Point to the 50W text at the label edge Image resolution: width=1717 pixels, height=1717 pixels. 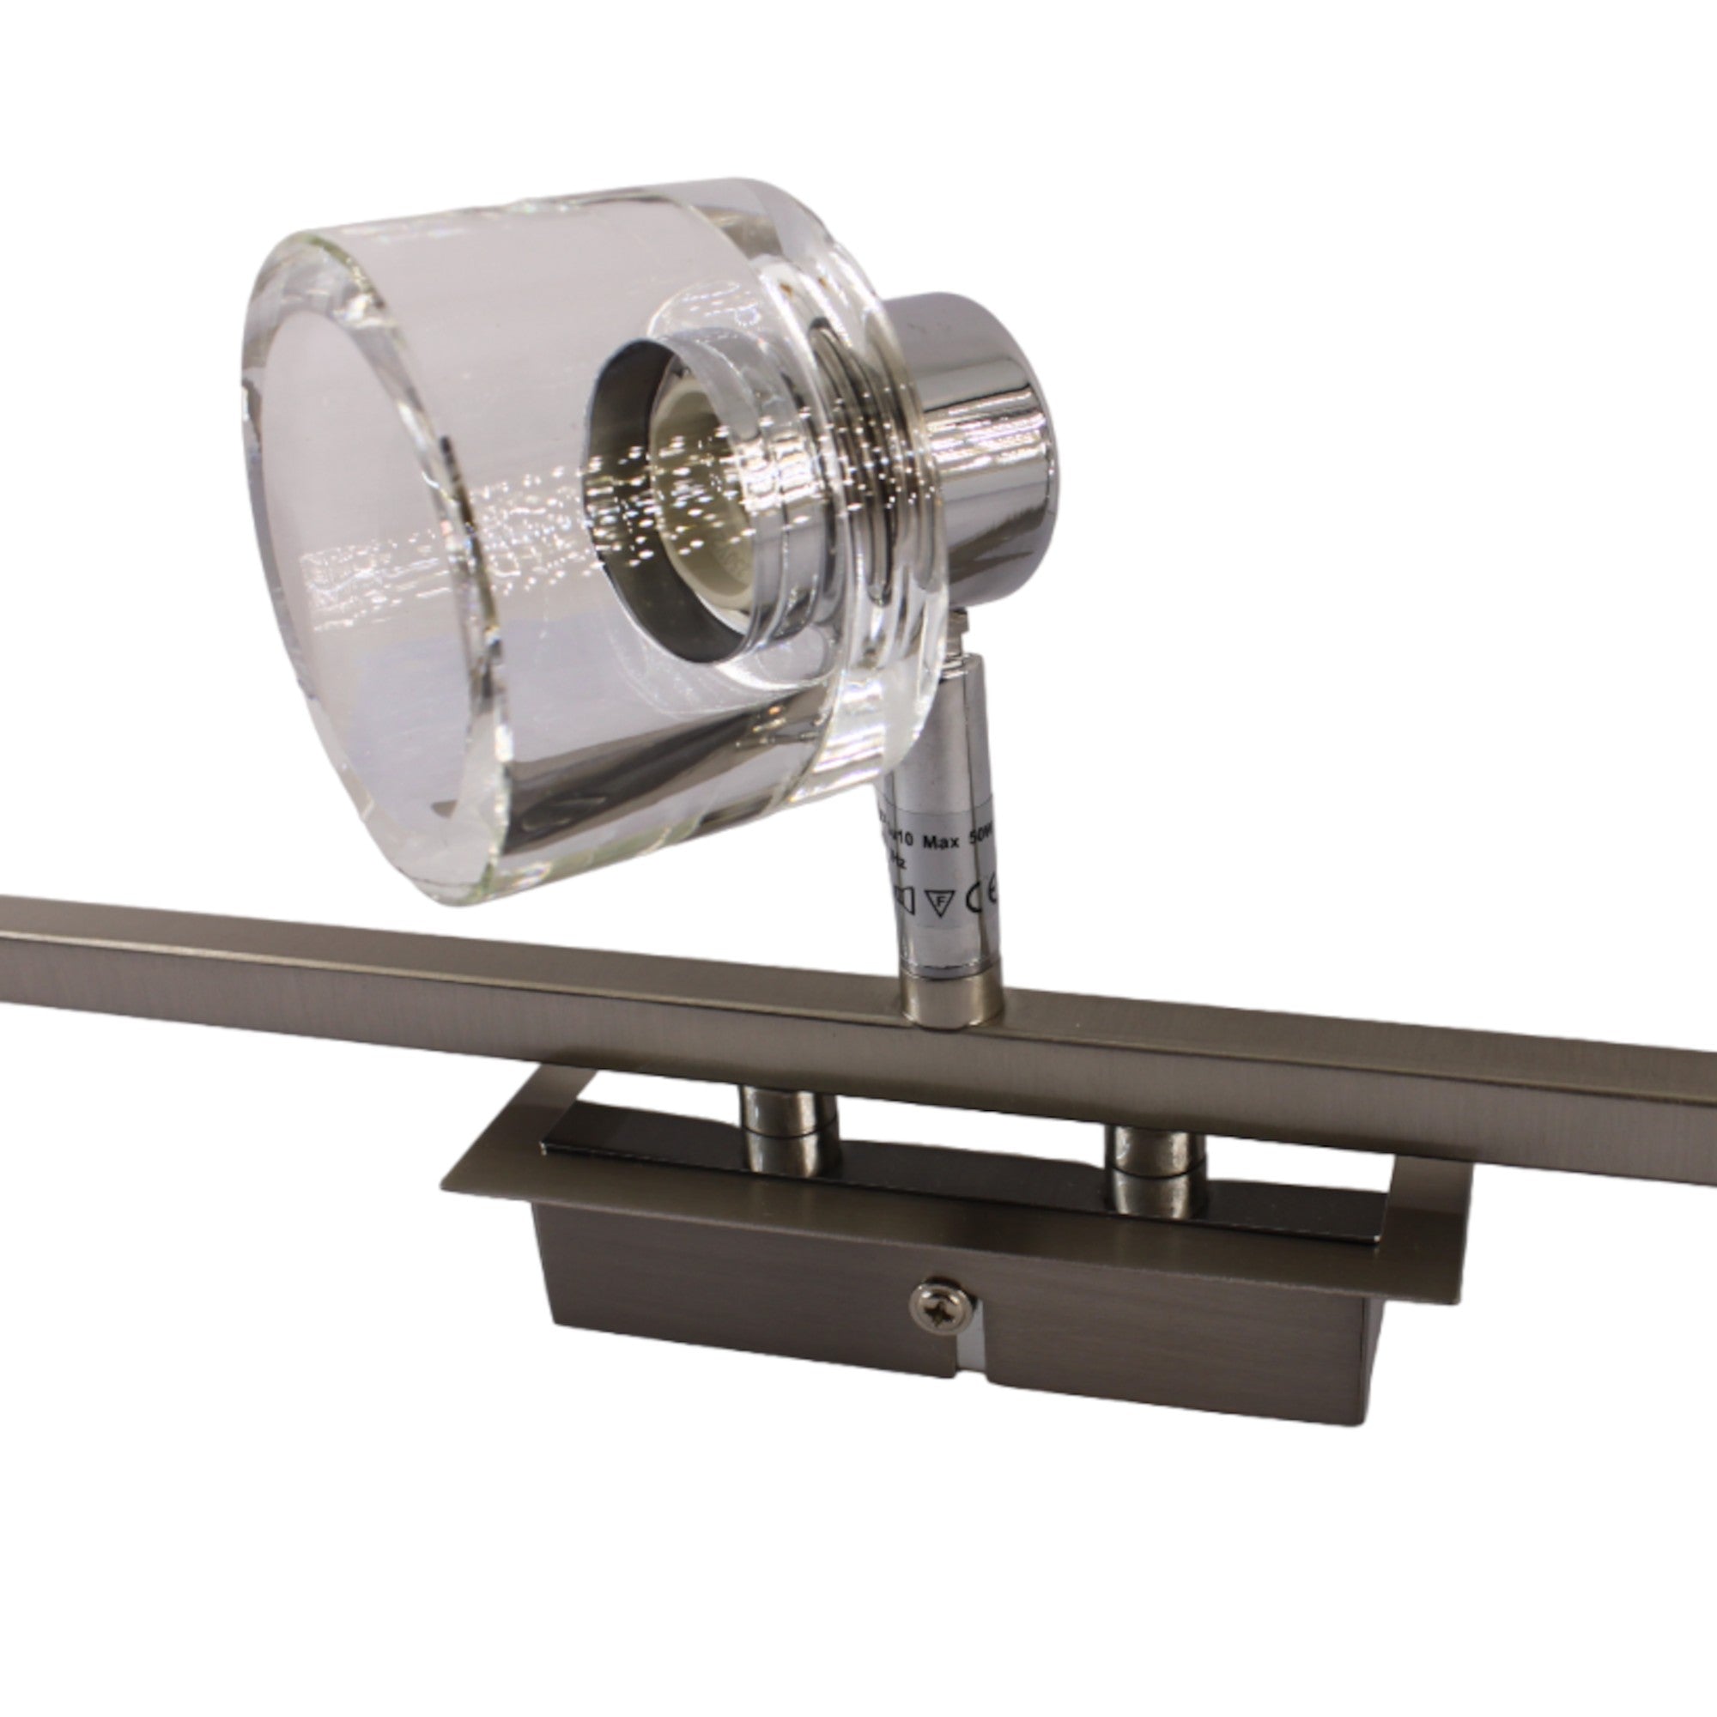(986, 838)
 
